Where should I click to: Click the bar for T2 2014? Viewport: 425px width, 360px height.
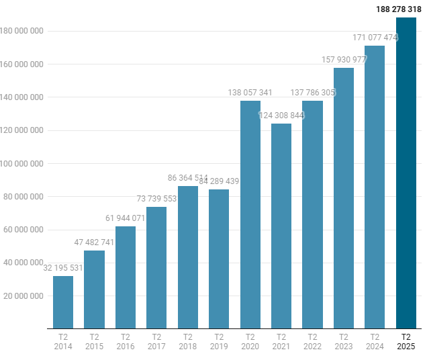(x=63, y=302)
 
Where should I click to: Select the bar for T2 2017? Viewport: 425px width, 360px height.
(x=156, y=268)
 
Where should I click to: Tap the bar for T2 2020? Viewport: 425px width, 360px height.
(x=250, y=215)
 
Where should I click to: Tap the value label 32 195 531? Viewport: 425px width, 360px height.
(x=63, y=268)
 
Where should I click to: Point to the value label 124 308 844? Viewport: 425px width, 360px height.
(x=281, y=116)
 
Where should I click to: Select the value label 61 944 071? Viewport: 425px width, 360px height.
(x=126, y=218)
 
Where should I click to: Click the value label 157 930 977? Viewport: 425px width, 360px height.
(x=344, y=60)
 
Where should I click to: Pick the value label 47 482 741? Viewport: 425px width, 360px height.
(x=95, y=242)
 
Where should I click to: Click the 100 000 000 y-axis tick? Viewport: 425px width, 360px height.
(x=22, y=164)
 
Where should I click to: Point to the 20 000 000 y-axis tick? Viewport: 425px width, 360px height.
(x=24, y=296)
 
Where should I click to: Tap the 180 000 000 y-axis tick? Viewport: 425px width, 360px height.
(x=22, y=32)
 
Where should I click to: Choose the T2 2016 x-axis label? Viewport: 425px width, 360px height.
(x=126, y=342)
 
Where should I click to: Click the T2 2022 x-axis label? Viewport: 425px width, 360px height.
(x=312, y=342)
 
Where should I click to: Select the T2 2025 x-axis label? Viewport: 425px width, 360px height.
(x=406, y=342)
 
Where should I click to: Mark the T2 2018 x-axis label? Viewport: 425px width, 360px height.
(x=188, y=342)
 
